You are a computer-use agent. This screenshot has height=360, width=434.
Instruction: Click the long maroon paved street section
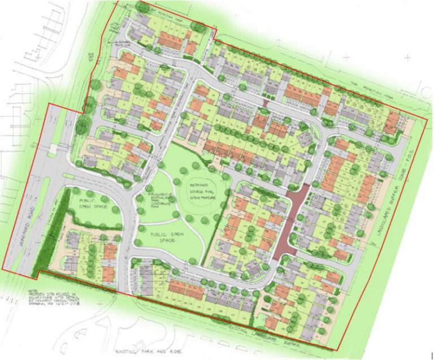pyautogui.click(x=292, y=220)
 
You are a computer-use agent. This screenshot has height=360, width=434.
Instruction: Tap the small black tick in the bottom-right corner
pyautogui.click(x=431, y=355)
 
